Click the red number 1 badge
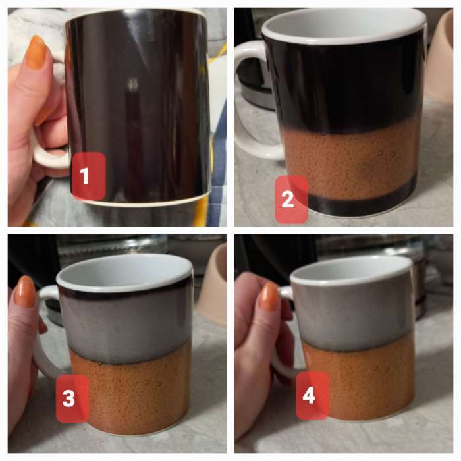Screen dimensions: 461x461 pos(88,176)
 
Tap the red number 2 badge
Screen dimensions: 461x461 pos(291,200)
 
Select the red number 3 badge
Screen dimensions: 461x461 pos(72,398)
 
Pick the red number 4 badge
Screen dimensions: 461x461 pos(312,395)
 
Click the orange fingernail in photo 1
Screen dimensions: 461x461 pos(36,52)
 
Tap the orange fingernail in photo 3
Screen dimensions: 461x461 pos(25,291)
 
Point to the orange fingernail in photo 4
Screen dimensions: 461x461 pos(269,296)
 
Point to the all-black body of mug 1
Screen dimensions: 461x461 pos(138,106)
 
